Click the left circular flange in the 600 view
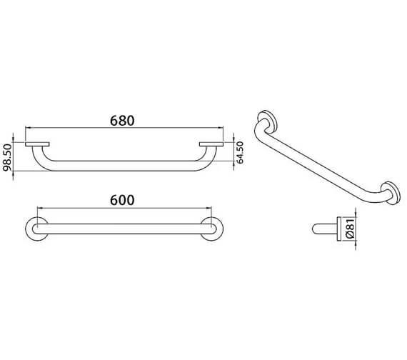(x=35, y=229)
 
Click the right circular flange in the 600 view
(x=212, y=229)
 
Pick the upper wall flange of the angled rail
(x=266, y=122)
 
